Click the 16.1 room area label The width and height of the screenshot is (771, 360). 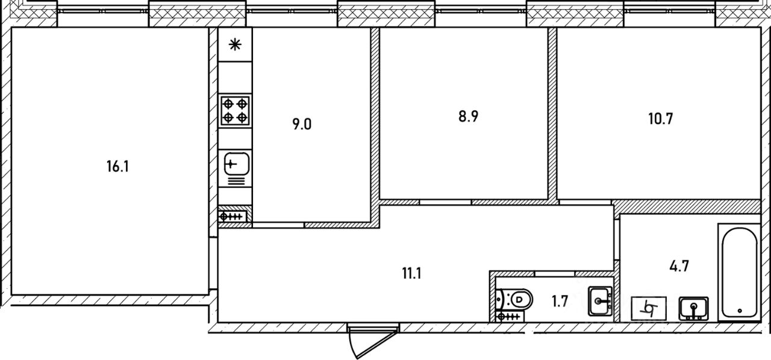118,167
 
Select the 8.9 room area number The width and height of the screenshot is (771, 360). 468,116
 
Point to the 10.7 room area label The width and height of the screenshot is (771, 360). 661,118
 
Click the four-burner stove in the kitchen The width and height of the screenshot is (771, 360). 235,111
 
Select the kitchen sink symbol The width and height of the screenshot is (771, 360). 236,164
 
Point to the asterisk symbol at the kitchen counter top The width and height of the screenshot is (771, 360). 236,44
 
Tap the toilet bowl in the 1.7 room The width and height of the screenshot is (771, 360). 516,298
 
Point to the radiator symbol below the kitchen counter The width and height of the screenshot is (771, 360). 233,217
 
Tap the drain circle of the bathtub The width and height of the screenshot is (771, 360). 738,312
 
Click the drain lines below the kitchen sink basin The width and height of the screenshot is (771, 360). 236,180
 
